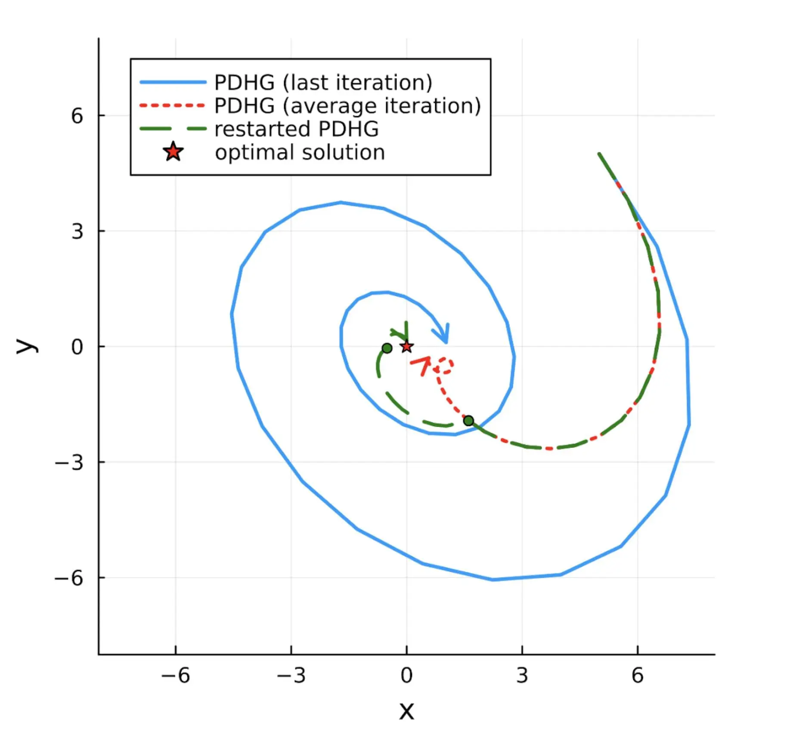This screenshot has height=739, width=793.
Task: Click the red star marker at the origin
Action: tap(407, 346)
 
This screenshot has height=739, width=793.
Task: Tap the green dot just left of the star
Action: tap(387, 348)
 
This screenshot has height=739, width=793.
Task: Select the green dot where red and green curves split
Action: tap(468, 420)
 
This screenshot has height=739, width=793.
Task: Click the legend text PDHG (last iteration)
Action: tap(323, 82)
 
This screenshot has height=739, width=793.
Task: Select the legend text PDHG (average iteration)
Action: tap(347, 106)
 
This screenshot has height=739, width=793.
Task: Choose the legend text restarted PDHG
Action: tap(297, 129)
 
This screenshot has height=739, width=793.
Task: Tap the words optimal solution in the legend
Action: tap(300, 152)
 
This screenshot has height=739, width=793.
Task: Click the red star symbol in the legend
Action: tap(173, 152)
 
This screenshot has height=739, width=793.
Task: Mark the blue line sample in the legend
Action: tap(173, 82)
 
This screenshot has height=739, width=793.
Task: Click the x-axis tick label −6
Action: tap(175, 675)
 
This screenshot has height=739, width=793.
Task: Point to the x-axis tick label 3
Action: tap(522, 675)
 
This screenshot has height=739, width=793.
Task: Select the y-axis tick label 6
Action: tap(77, 116)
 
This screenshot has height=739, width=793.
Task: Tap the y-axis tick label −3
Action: tap(69, 462)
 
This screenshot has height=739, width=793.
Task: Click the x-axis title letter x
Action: tap(406, 711)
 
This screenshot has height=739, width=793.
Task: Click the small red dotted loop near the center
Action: tap(443, 366)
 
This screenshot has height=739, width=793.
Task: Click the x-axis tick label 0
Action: tap(406, 675)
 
